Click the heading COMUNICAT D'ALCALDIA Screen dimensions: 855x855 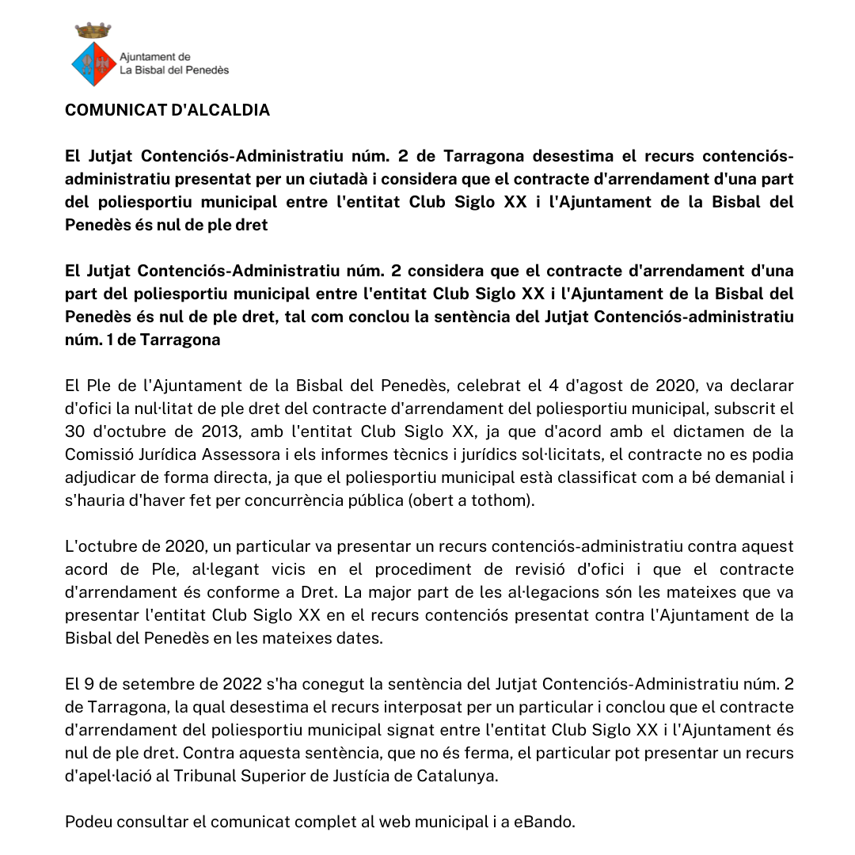tap(167, 110)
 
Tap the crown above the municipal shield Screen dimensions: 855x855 tap(93, 31)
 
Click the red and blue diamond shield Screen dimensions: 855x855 tap(93, 63)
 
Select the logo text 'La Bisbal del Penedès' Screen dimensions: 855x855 tap(174, 70)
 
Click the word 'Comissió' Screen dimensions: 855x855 tap(99, 454)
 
